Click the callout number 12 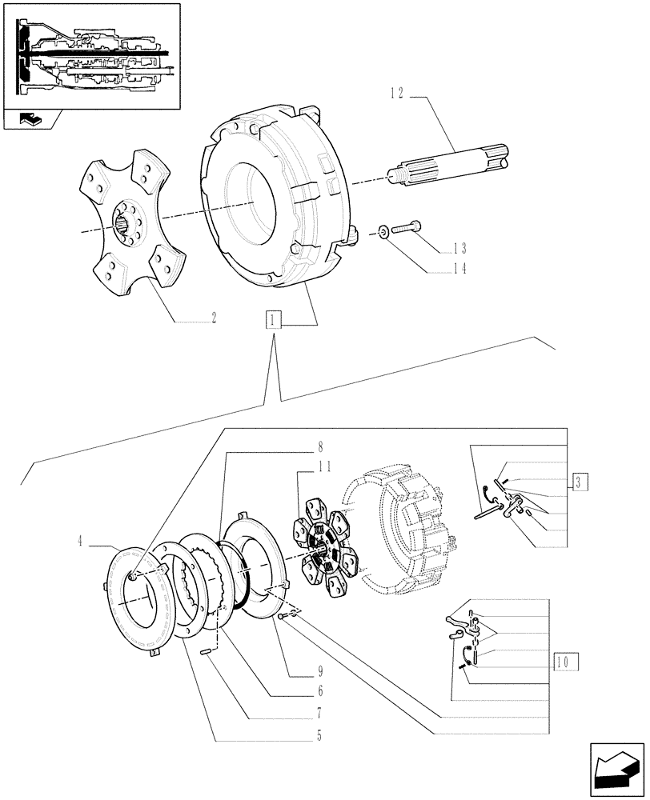tap(398, 94)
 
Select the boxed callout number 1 tap(274, 322)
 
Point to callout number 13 tap(458, 248)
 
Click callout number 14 tap(458, 270)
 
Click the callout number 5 tap(319, 734)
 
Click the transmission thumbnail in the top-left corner tap(90, 55)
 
